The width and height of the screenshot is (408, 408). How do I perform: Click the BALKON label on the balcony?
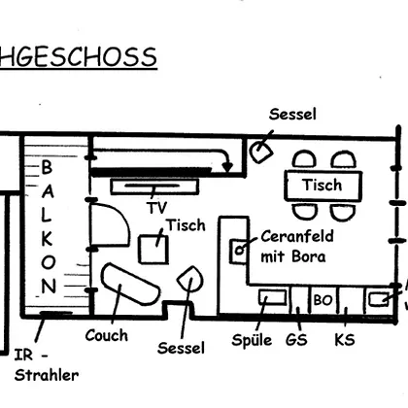(48, 227)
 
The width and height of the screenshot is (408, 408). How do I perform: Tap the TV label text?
(158, 208)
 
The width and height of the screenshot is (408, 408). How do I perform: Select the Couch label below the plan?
(107, 335)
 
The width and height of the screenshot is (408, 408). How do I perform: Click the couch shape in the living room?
(130, 284)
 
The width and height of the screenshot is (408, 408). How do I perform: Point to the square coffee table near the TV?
(153, 250)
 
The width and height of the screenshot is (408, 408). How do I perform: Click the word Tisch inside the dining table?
(323, 186)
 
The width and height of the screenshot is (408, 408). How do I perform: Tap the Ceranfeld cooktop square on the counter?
(239, 252)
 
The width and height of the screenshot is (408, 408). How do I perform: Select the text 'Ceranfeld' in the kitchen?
(297, 236)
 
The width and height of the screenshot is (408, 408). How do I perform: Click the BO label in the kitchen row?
(323, 300)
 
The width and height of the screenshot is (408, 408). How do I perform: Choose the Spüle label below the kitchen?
(252, 340)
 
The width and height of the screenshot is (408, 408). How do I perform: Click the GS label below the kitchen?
(296, 340)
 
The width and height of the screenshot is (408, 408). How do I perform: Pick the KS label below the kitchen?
(345, 340)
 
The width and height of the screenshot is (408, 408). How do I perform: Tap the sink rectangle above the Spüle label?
(273, 297)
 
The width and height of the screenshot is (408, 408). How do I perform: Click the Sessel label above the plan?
(292, 115)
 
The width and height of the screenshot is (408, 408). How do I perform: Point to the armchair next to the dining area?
(261, 152)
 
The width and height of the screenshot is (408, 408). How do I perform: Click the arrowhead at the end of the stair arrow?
(227, 167)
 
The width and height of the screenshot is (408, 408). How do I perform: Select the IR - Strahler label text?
(47, 365)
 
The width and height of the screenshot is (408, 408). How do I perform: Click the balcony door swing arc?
(124, 220)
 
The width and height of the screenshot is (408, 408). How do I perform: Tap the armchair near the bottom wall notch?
(190, 279)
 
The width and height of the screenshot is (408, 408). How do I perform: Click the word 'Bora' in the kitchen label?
(309, 256)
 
